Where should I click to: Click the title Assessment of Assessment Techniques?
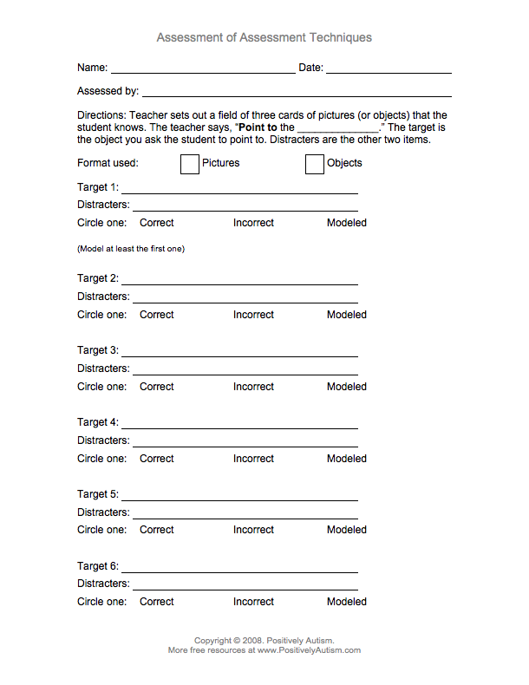click(x=264, y=37)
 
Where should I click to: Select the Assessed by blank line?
click(x=296, y=94)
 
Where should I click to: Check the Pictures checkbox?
click(x=190, y=164)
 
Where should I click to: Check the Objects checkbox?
click(x=315, y=164)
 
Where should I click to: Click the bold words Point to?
click(x=258, y=127)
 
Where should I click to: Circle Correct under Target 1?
click(x=157, y=223)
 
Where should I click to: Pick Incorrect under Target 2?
click(x=253, y=315)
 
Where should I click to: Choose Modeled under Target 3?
click(x=347, y=387)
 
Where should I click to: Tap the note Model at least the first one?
click(x=131, y=249)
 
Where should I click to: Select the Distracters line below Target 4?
click(x=245, y=444)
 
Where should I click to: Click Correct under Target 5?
click(x=157, y=530)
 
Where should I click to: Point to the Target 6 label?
click(x=97, y=566)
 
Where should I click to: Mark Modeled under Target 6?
click(x=347, y=602)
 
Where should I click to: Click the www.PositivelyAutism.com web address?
click(x=308, y=650)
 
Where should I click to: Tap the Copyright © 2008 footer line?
click(x=264, y=641)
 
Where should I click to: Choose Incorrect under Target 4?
click(x=253, y=459)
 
